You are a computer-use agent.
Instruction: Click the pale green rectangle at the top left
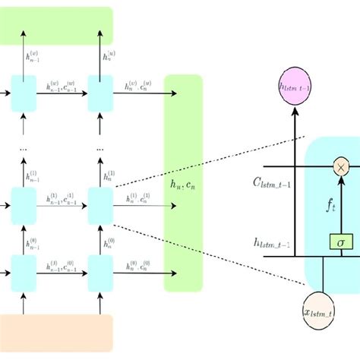56,25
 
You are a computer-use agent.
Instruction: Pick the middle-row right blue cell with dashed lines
100,203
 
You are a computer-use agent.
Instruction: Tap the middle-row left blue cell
23,203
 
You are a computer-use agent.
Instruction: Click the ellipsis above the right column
100,150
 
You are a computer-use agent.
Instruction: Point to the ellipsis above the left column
23,150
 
